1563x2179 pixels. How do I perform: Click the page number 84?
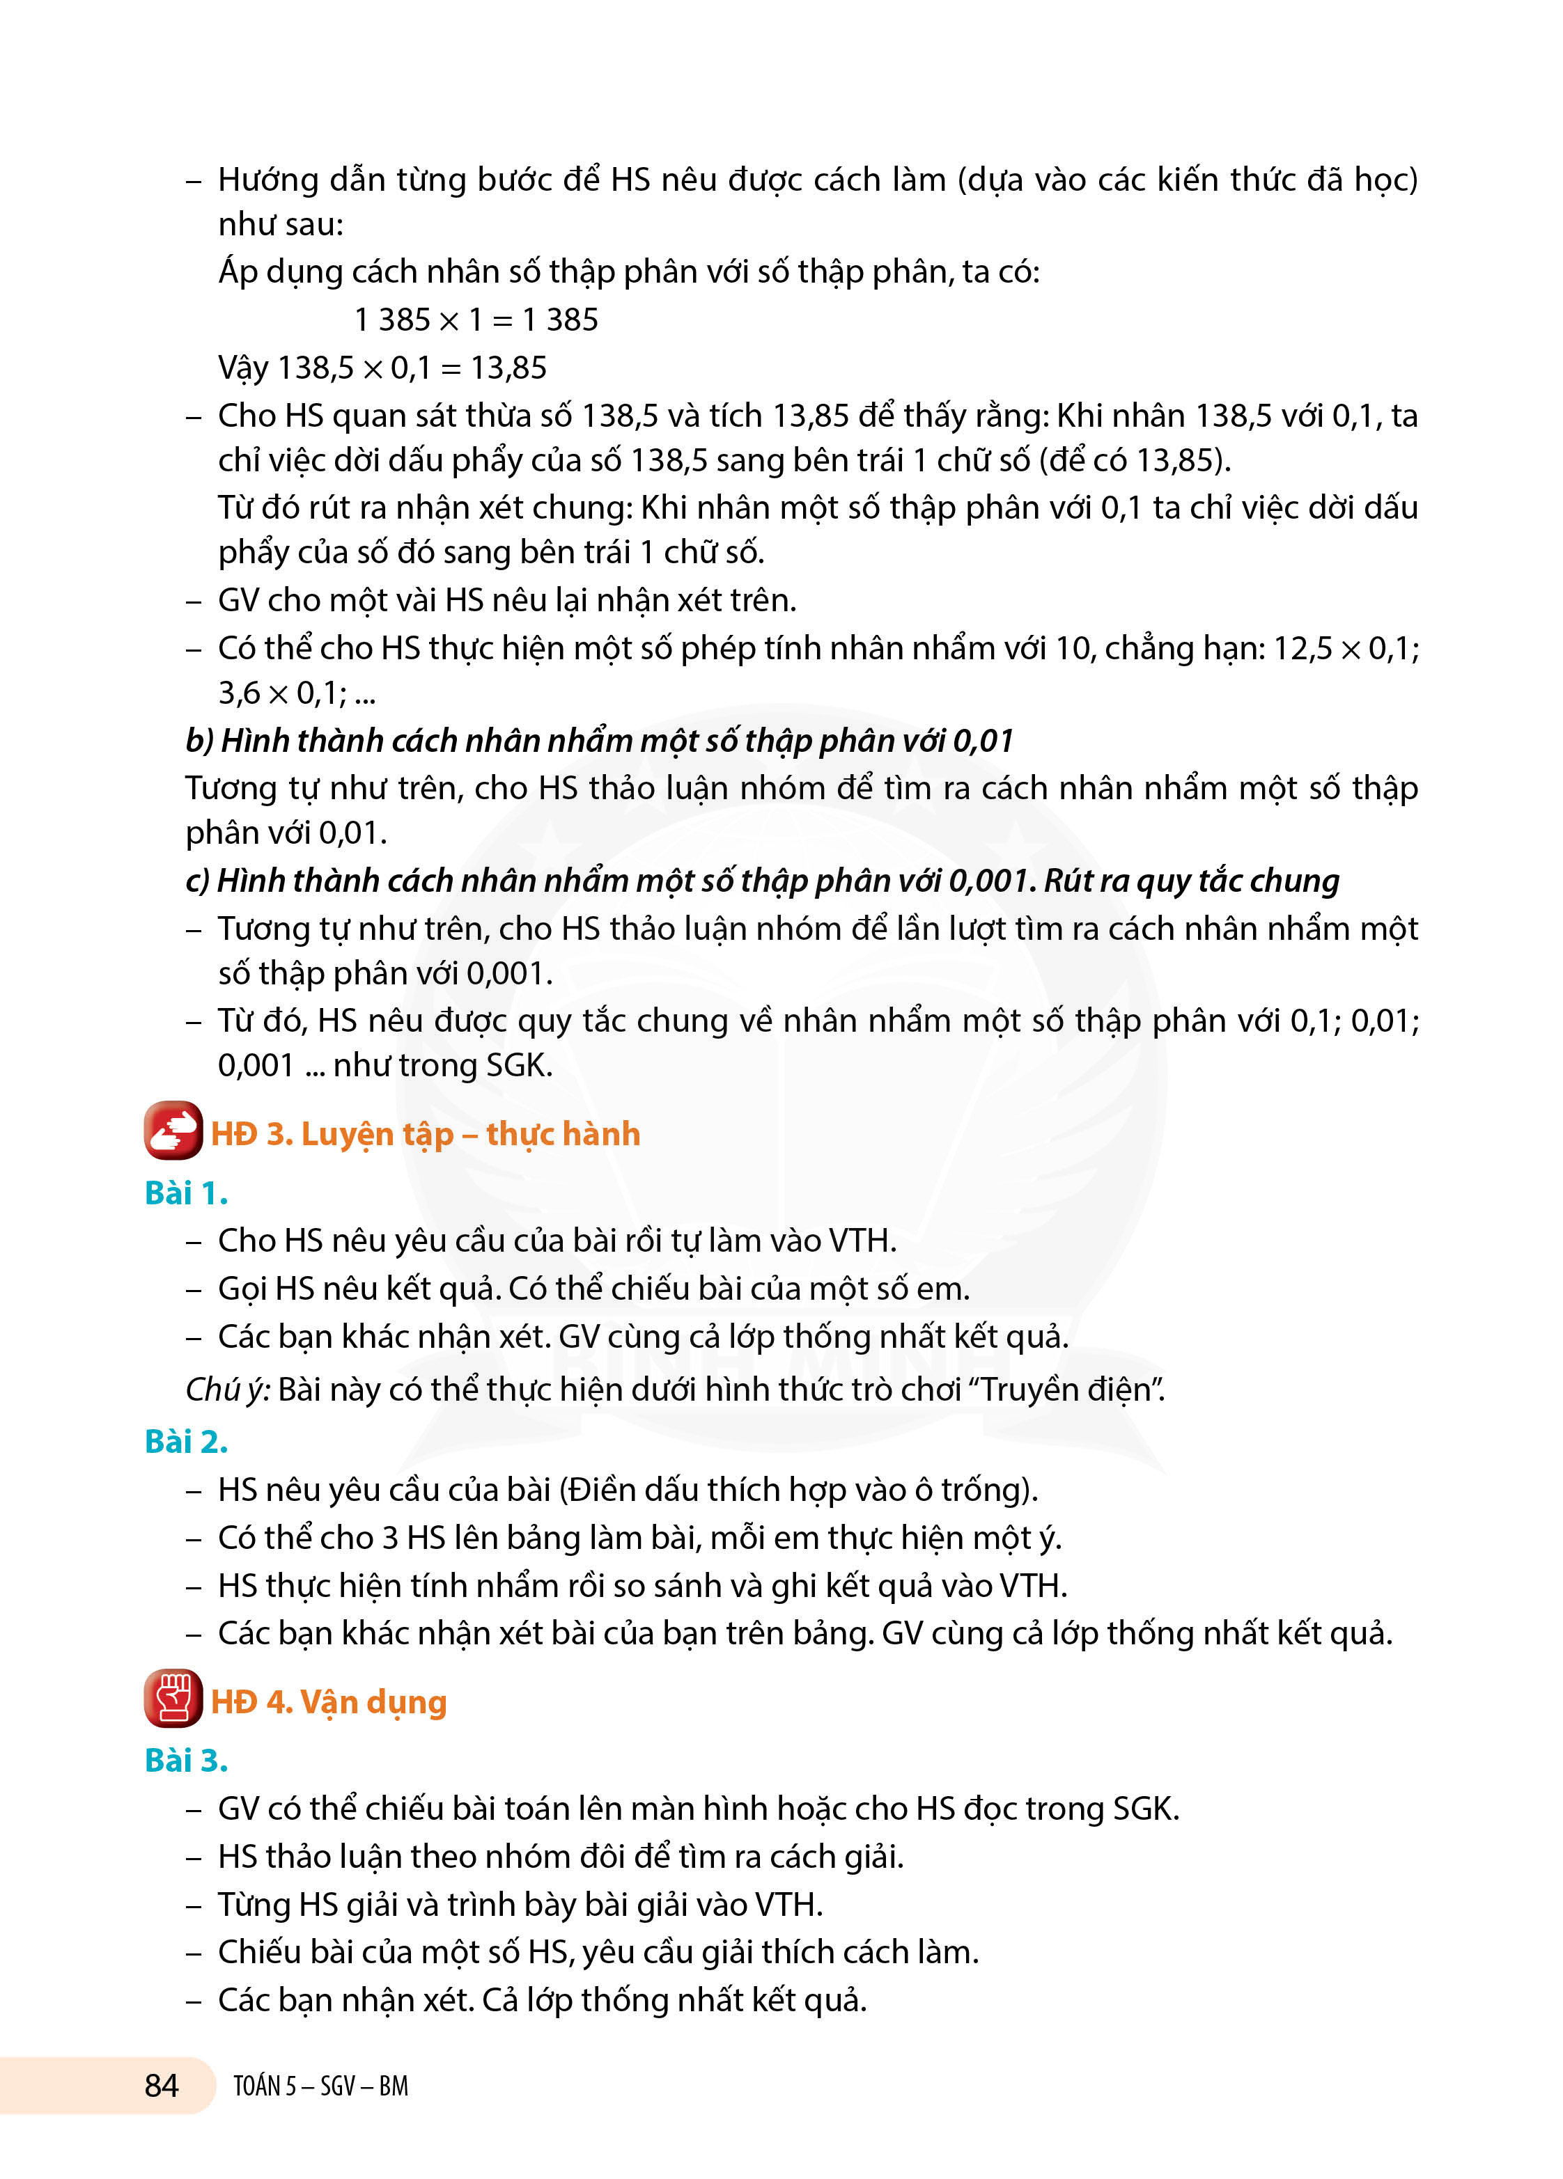pos(162,2086)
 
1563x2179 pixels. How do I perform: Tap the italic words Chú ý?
pos(228,1390)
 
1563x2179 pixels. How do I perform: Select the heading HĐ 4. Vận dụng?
pos(329,1702)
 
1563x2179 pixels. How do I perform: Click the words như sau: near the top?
pos(281,225)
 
